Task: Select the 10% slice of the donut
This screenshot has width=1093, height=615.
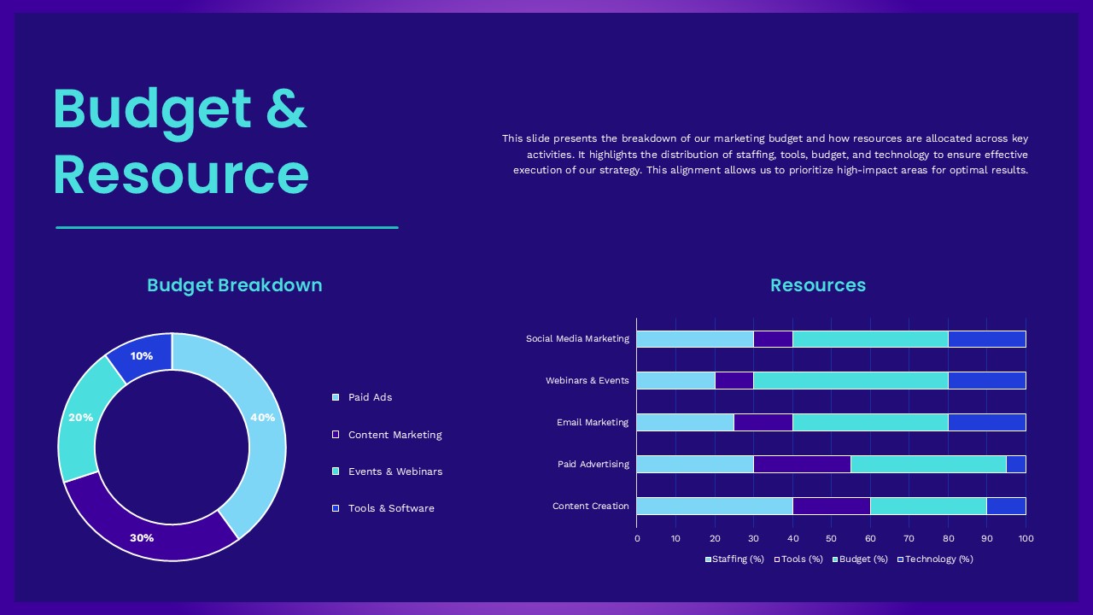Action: point(142,356)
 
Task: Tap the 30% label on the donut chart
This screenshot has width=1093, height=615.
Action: point(142,538)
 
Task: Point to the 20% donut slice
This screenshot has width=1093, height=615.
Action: point(81,418)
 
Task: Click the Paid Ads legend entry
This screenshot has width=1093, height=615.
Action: point(370,397)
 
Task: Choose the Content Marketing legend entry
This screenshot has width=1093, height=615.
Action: point(395,435)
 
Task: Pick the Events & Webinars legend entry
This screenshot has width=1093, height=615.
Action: point(395,471)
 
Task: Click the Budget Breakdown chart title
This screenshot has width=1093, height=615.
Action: point(235,285)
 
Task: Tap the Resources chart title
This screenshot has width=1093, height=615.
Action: point(818,285)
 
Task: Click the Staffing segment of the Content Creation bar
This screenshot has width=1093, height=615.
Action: point(715,506)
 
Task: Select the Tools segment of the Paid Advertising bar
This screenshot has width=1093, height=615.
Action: point(802,464)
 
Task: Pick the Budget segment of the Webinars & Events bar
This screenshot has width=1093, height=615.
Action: point(850,380)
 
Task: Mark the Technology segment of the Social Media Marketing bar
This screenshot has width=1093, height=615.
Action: point(986,339)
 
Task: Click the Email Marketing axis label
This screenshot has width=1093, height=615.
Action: point(593,422)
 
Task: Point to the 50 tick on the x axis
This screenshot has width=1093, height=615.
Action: point(831,538)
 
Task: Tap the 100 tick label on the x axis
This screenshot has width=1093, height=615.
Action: point(1026,538)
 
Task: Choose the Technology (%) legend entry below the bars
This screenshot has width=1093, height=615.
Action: point(938,559)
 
